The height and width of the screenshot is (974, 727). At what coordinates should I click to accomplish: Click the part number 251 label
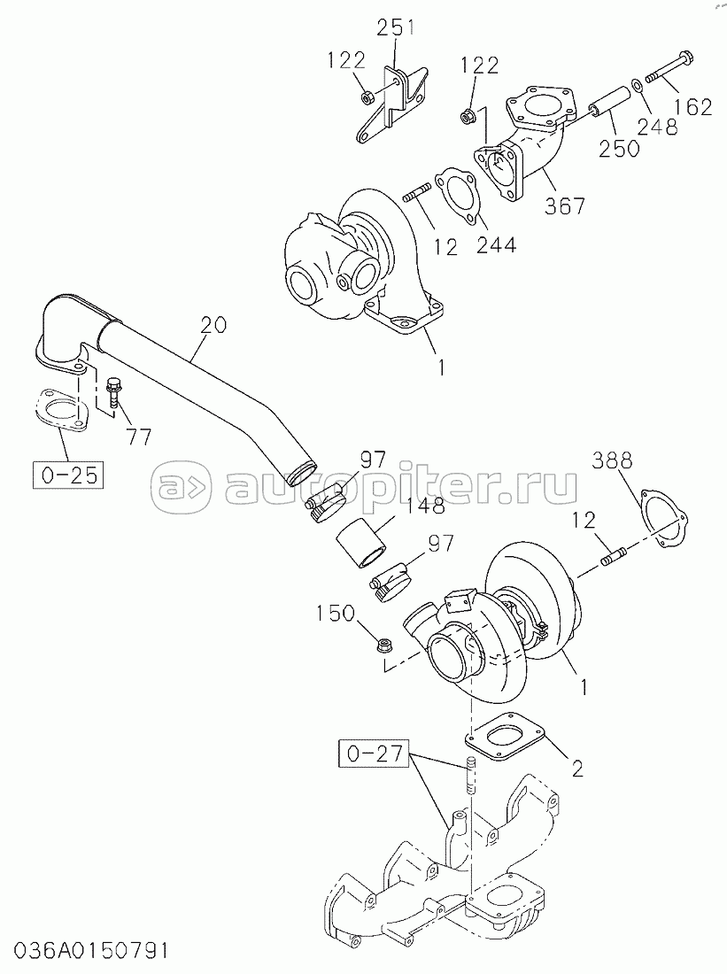click(x=395, y=27)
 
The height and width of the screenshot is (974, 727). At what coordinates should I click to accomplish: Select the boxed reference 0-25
click(x=67, y=474)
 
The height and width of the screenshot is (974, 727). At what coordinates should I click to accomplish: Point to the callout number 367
click(x=565, y=205)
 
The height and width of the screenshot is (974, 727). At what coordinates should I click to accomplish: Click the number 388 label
click(x=612, y=460)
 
